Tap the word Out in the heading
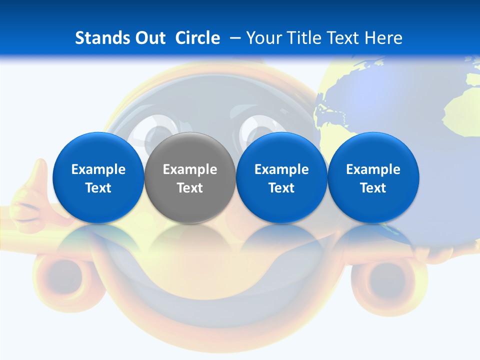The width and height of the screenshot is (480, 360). pos(151,38)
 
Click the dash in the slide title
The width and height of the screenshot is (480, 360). pos(233,38)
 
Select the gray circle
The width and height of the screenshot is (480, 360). pos(190,177)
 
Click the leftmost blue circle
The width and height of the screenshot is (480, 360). pos(98,177)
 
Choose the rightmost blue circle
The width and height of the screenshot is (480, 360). pos(373,177)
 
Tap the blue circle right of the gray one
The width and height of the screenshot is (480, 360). pos(281,177)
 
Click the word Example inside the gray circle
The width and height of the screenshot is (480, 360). pos(190,169)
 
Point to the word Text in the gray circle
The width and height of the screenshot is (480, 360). pos(190,188)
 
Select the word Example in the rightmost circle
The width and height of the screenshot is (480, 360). pos(373,169)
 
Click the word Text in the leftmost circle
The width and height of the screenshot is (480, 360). pos(98,188)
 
